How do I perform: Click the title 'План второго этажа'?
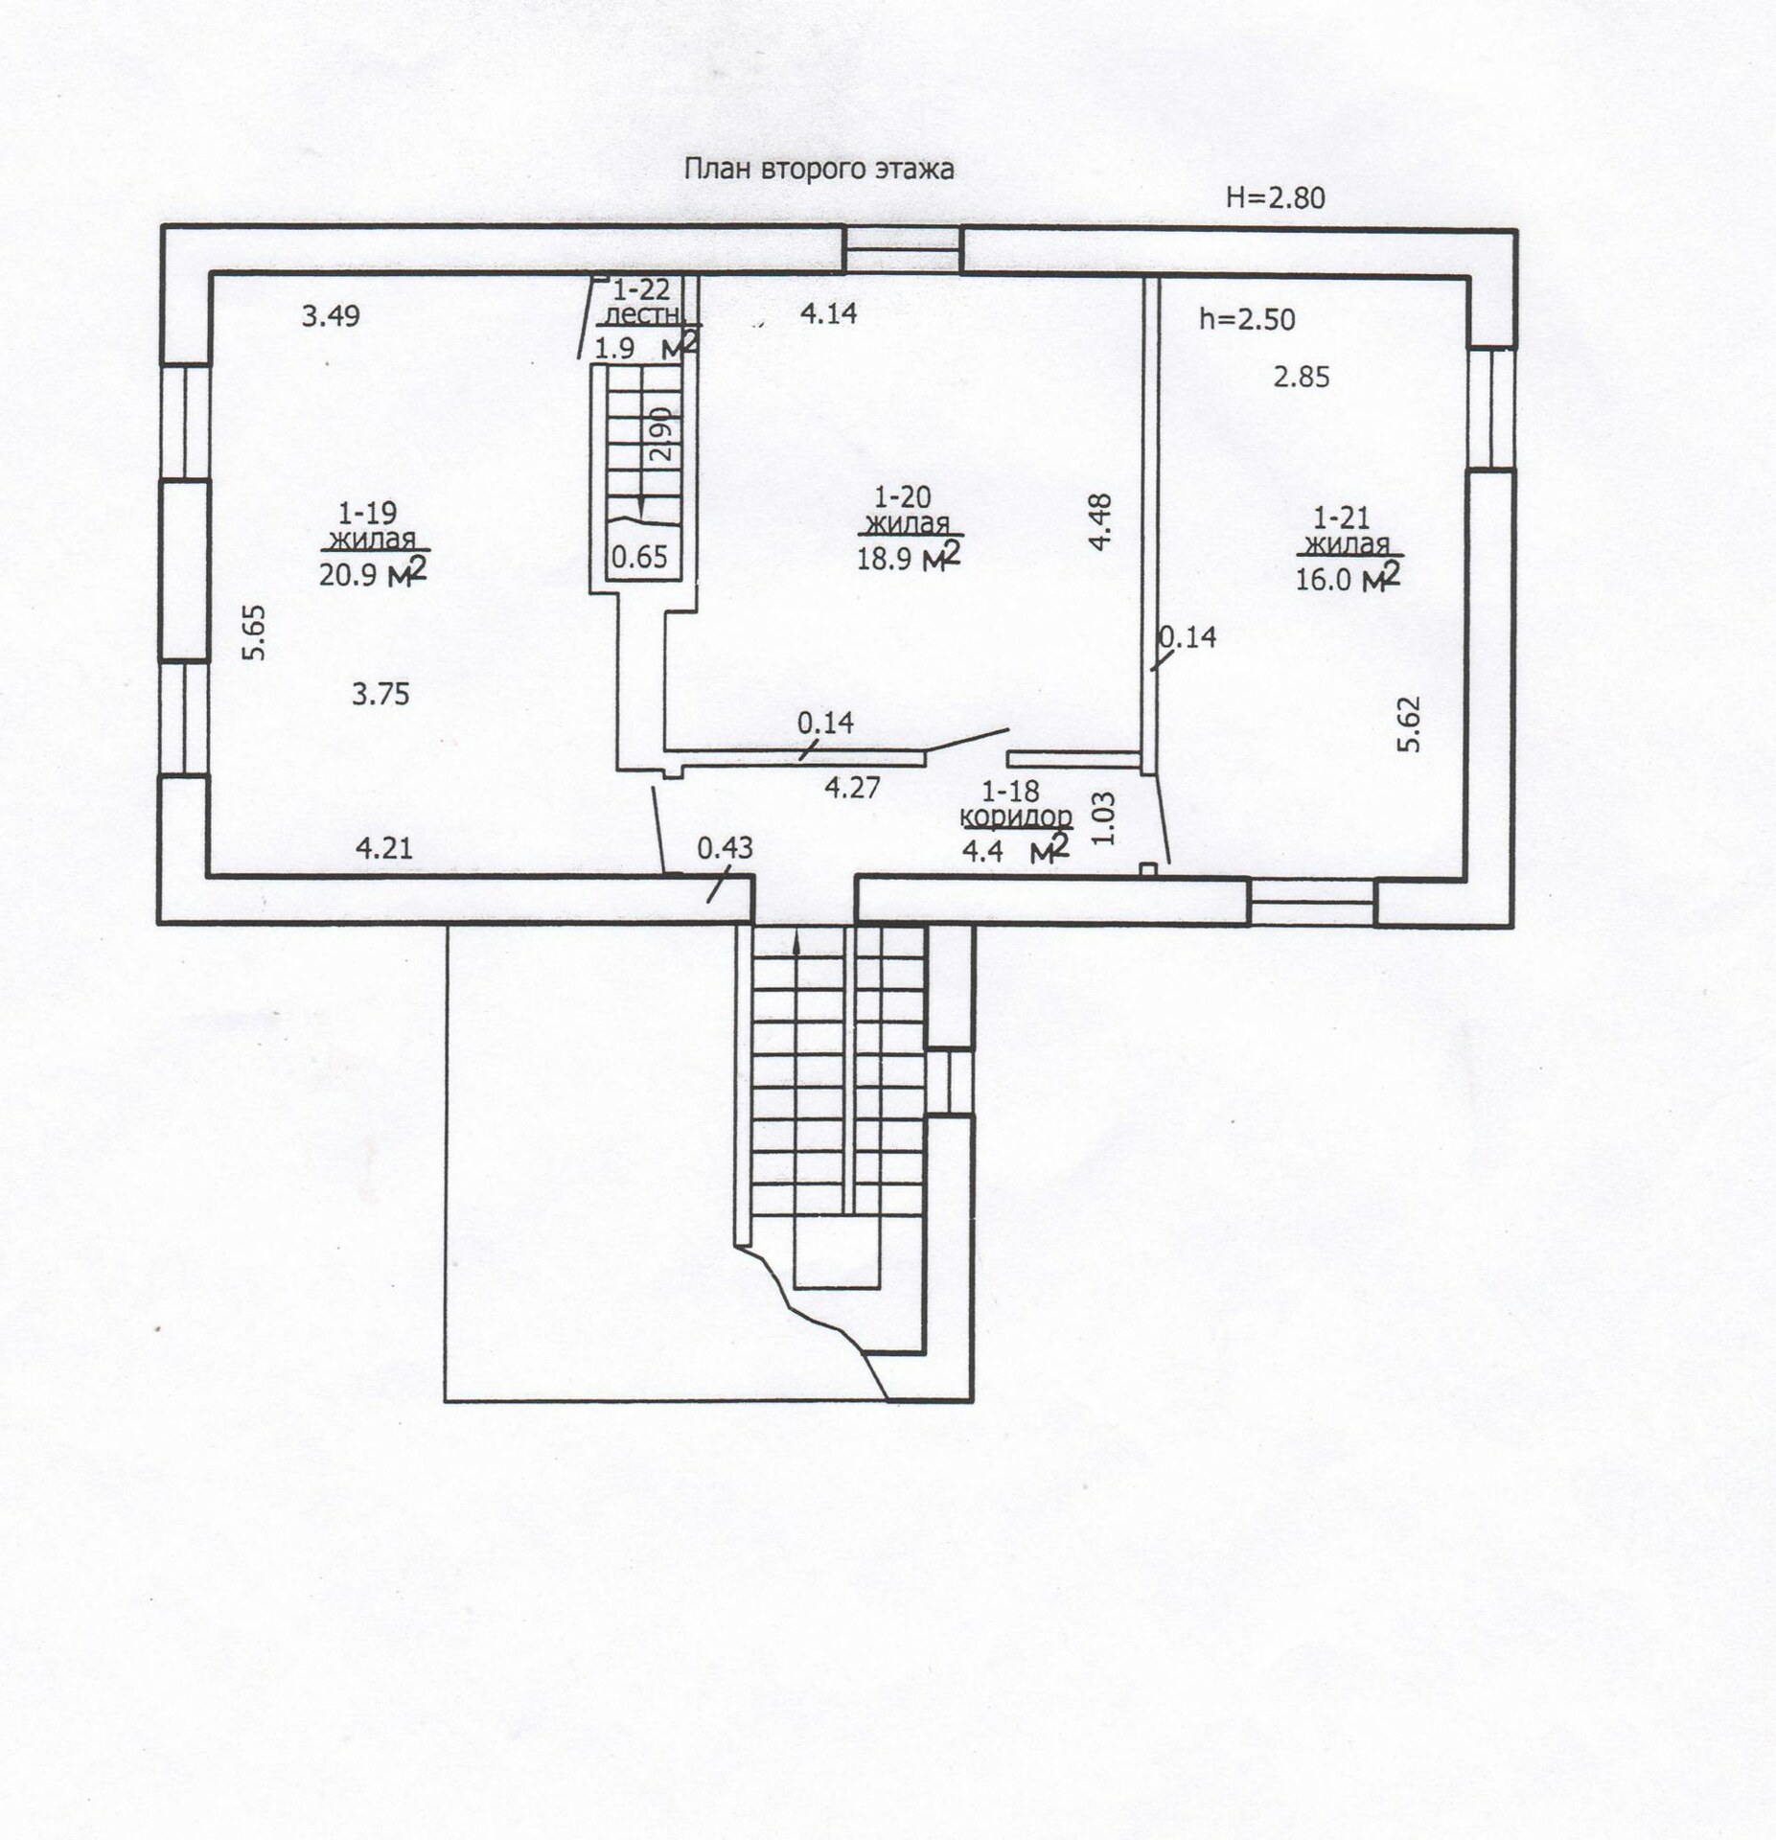pyautogui.click(x=819, y=170)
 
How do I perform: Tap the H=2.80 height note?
pyautogui.click(x=1275, y=197)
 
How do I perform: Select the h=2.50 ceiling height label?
pyautogui.click(x=1247, y=319)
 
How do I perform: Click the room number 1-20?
pyautogui.click(x=902, y=496)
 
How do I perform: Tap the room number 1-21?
pyautogui.click(x=1341, y=518)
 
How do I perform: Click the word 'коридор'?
pyautogui.click(x=1017, y=816)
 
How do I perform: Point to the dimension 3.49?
pyautogui.click(x=331, y=315)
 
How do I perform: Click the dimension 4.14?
pyautogui.click(x=828, y=313)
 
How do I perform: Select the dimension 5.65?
pyautogui.click(x=255, y=632)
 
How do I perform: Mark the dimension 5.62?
pyautogui.click(x=1408, y=724)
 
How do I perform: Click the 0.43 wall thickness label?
pyautogui.click(x=725, y=847)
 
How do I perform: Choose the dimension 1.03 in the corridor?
pyautogui.click(x=1104, y=817)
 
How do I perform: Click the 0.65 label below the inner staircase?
pyautogui.click(x=639, y=557)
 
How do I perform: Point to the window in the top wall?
pyautogui.click(x=902, y=249)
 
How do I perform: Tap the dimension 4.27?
pyautogui.click(x=852, y=788)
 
